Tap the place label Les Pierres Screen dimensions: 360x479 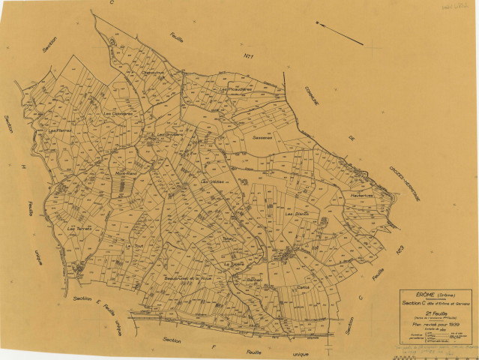[x=59, y=131]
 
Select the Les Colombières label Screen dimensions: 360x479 [x=118, y=113]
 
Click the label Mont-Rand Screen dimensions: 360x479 [x=125, y=173]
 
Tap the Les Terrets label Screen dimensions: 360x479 [x=79, y=228]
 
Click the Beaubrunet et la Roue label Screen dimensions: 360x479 [x=184, y=278]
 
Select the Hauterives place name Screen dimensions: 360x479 [x=361, y=196]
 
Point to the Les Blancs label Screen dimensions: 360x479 [x=297, y=215]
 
